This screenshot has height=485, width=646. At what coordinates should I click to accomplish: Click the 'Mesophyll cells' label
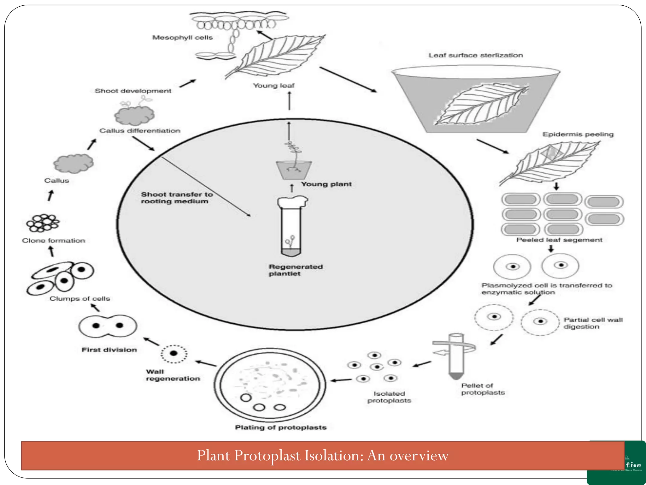pyautogui.click(x=182, y=38)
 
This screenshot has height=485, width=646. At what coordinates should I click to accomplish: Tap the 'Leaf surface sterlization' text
pyautogui.click(x=475, y=55)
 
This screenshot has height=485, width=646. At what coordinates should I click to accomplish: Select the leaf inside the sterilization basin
pyautogui.click(x=480, y=104)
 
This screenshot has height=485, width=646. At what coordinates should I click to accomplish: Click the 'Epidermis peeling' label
pyautogui.click(x=578, y=134)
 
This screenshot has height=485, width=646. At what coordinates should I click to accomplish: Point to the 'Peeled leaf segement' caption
pyautogui.click(x=559, y=240)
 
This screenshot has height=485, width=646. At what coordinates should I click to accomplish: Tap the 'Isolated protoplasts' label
pyautogui.click(x=389, y=397)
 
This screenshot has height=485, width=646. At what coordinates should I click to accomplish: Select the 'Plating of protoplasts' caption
pyautogui.click(x=280, y=428)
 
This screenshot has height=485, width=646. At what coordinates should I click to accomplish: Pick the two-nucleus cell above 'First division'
pyautogui.click(x=108, y=326)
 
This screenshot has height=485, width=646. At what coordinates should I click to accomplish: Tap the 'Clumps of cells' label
pyautogui.click(x=79, y=299)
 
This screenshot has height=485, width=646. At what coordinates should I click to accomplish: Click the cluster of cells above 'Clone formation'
pyautogui.click(x=43, y=223)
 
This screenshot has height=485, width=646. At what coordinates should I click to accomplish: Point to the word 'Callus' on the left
pyautogui.click(x=56, y=181)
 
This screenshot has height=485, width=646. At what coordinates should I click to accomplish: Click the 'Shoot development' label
pyautogui.click(x=133, y=91)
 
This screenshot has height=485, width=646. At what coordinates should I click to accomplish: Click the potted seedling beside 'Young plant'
pyautogui.click(x=293, y=164)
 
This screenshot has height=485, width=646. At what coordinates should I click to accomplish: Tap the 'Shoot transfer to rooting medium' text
pyautogui.click(x=176, y=198)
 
